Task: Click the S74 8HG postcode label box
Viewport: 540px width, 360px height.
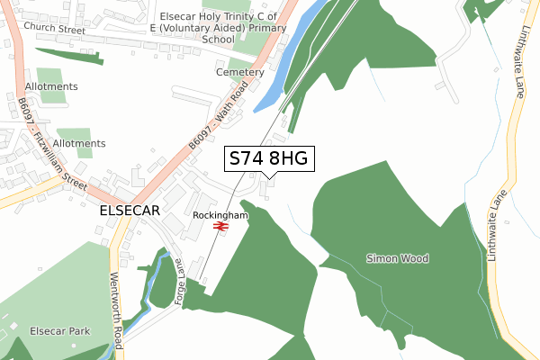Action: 269,159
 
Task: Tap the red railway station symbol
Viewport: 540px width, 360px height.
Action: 220,227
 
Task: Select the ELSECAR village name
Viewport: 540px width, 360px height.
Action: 130,210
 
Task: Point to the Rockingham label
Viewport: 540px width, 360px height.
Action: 220,215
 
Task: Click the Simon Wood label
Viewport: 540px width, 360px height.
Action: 398,258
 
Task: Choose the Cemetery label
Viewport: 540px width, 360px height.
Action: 239,72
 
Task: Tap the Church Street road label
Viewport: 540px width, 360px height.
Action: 54,28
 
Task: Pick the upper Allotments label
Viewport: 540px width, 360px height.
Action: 52,86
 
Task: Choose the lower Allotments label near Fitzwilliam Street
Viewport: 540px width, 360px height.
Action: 79,143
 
